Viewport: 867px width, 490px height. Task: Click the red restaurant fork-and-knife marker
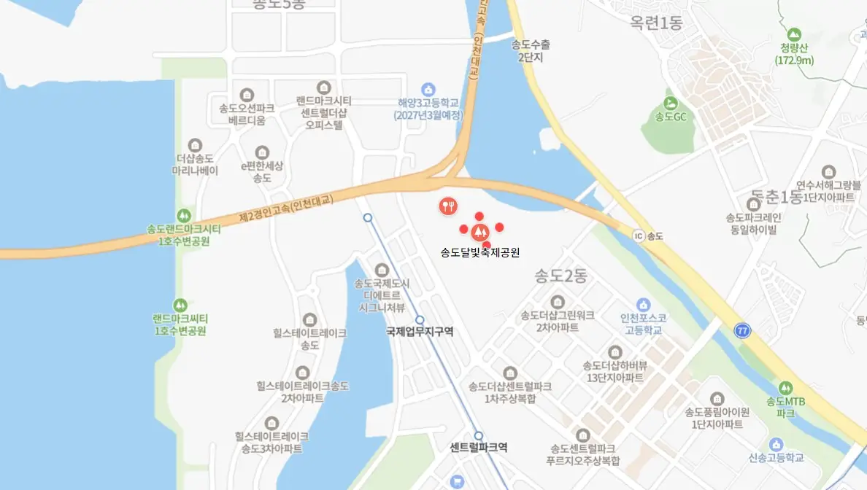coord(448,206)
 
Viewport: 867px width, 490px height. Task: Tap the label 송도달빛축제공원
coord(479,253)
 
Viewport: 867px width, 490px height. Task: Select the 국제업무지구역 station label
coord(420,331)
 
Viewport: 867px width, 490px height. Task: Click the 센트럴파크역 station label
coord(479,447)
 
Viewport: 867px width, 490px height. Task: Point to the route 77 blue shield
coord(742,331)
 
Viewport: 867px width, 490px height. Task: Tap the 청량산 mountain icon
coord(794,34)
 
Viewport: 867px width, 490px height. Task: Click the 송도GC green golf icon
coord(670,103)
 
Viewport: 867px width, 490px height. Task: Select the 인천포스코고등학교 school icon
coord(642,304)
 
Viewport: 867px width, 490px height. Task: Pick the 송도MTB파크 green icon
coord(785,387)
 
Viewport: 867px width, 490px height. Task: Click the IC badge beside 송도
coord(639,236)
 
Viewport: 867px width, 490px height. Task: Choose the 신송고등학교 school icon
coord(776,443)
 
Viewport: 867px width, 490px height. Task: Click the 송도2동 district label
coord(560,276)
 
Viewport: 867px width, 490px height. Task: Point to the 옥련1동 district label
coord(656,23)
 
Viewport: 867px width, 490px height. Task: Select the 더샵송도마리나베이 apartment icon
coord(195,145)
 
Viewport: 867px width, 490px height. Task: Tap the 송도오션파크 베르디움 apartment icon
coord(247,95)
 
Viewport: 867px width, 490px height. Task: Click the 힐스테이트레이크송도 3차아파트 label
coord(271,443)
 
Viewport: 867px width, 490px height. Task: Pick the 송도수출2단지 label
coord(531,51)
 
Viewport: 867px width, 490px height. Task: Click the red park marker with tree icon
coord(479,233)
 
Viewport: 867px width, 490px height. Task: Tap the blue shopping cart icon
coord(458,481)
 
